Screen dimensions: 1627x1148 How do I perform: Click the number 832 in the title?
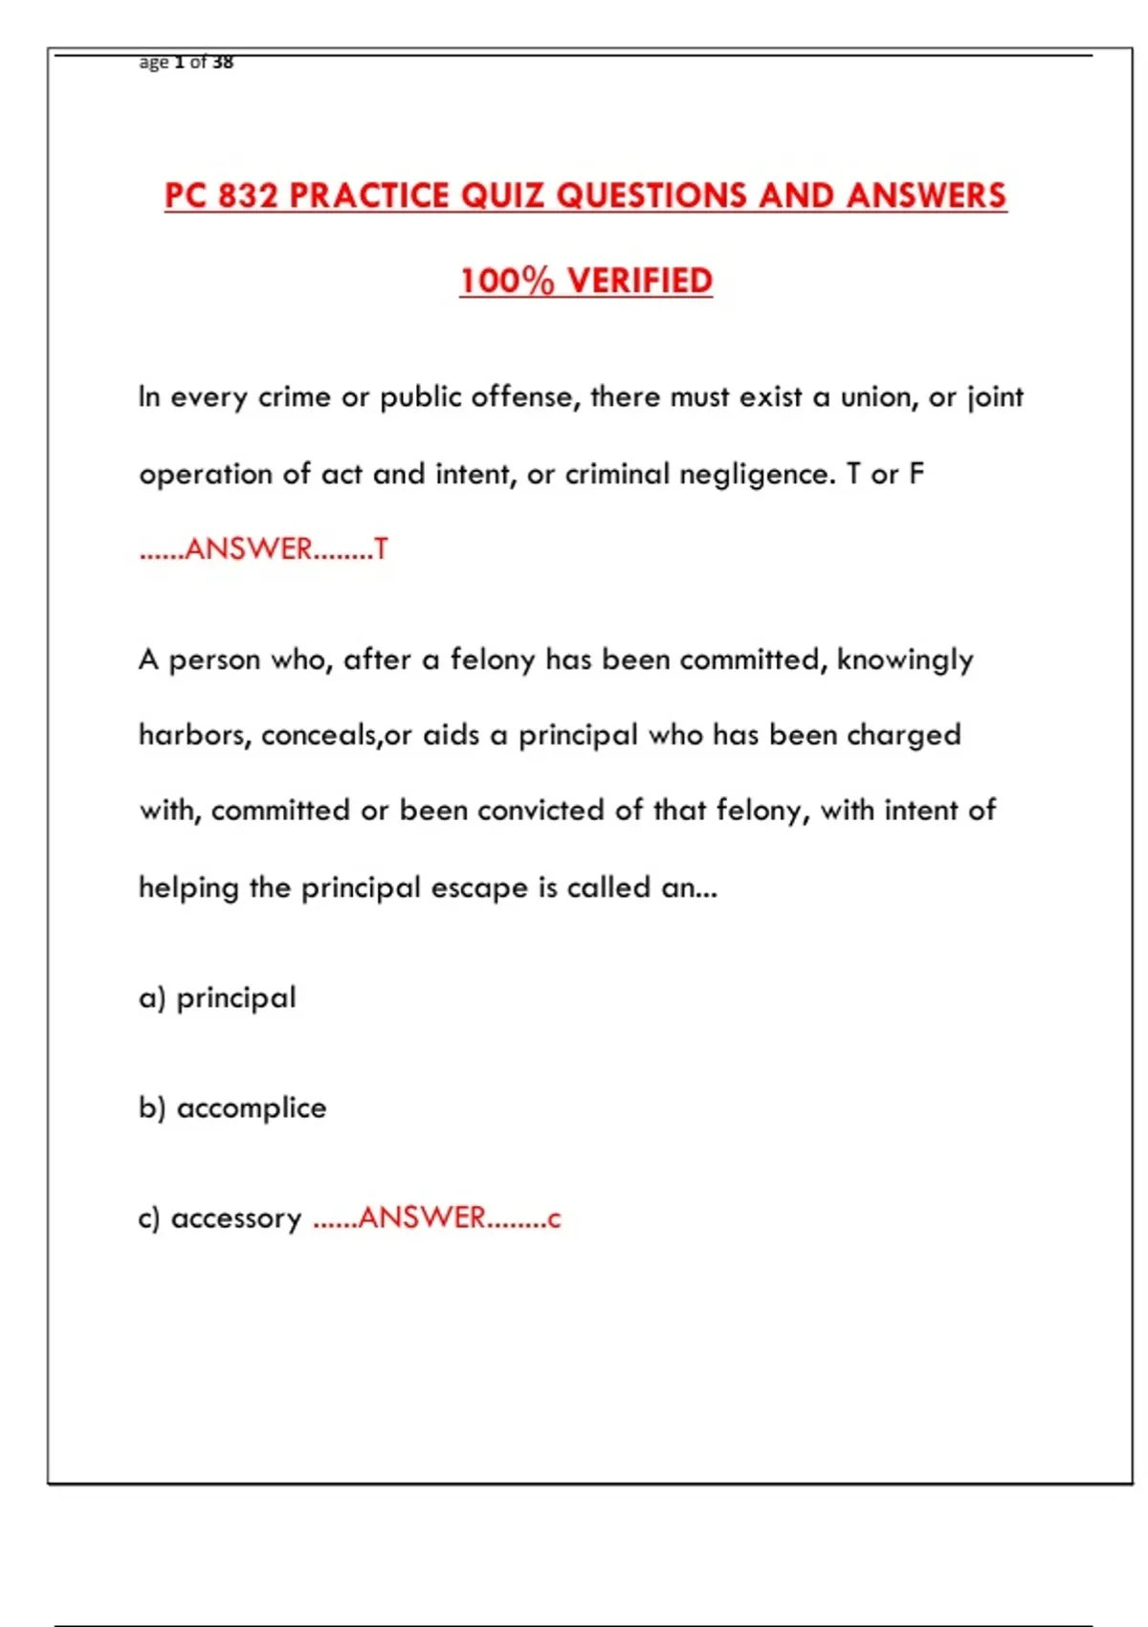pos(247,196)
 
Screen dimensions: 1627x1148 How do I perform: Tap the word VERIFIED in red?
pos(640,281)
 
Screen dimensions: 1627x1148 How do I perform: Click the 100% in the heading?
pos(506,281)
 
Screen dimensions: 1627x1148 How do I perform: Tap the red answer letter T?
pos(381,549)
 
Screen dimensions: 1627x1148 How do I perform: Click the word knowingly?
pos(905,660)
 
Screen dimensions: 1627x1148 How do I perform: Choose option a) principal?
pos(218,998)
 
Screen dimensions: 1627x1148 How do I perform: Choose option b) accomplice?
pos(232,1108)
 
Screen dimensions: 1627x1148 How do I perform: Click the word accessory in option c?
pos(236,1218)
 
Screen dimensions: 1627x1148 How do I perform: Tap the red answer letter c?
pos(554,1218)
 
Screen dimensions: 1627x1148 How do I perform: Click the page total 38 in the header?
pos(222,62)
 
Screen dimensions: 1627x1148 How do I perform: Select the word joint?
pos(995,397)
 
